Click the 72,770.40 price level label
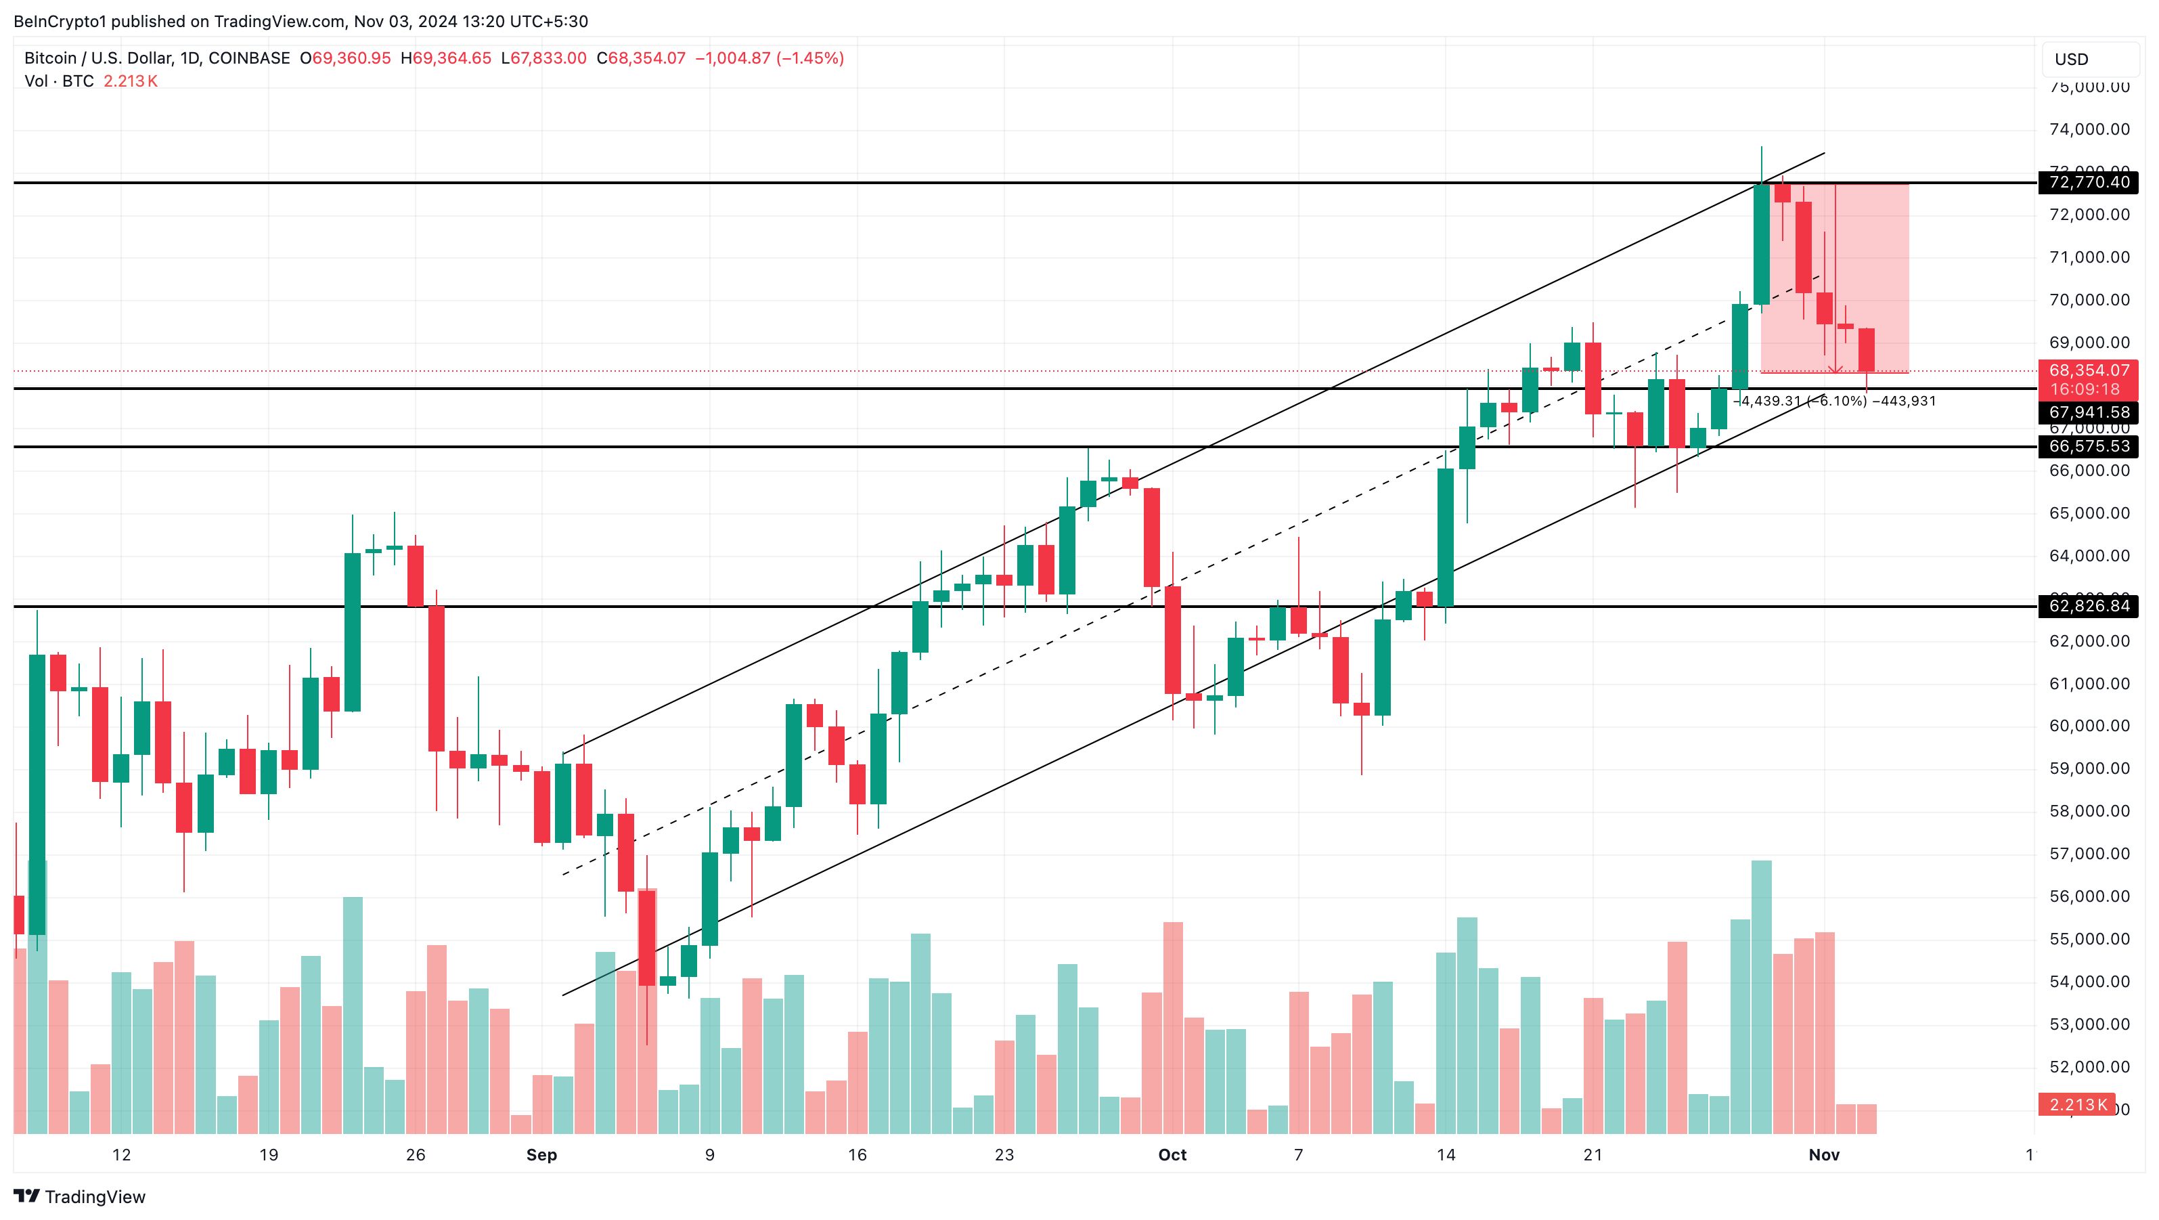(2087, 183)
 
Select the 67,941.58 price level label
(2087, 412)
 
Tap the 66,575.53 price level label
(2087, 447)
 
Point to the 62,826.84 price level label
(2087, 606)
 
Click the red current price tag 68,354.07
(2087, 370)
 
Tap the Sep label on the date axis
(541, 1156)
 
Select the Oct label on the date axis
(1172, 1156)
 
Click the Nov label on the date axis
(1824, 1156)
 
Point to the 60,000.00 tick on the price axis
(2089, 726)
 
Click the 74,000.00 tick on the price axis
(2089, 129)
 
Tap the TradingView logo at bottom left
(80, 1196)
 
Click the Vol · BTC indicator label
(59, 81)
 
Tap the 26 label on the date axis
(415, 1156)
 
